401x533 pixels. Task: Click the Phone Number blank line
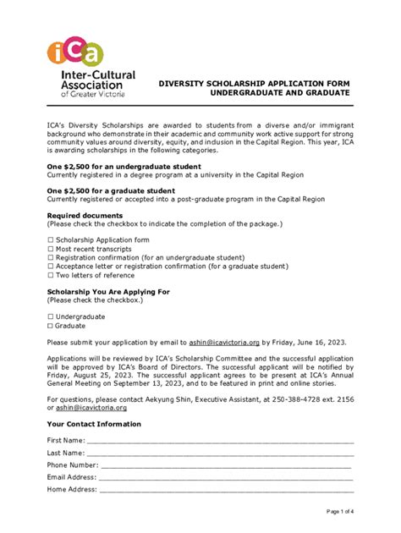[225, 465]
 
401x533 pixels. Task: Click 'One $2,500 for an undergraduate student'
[124, 167]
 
